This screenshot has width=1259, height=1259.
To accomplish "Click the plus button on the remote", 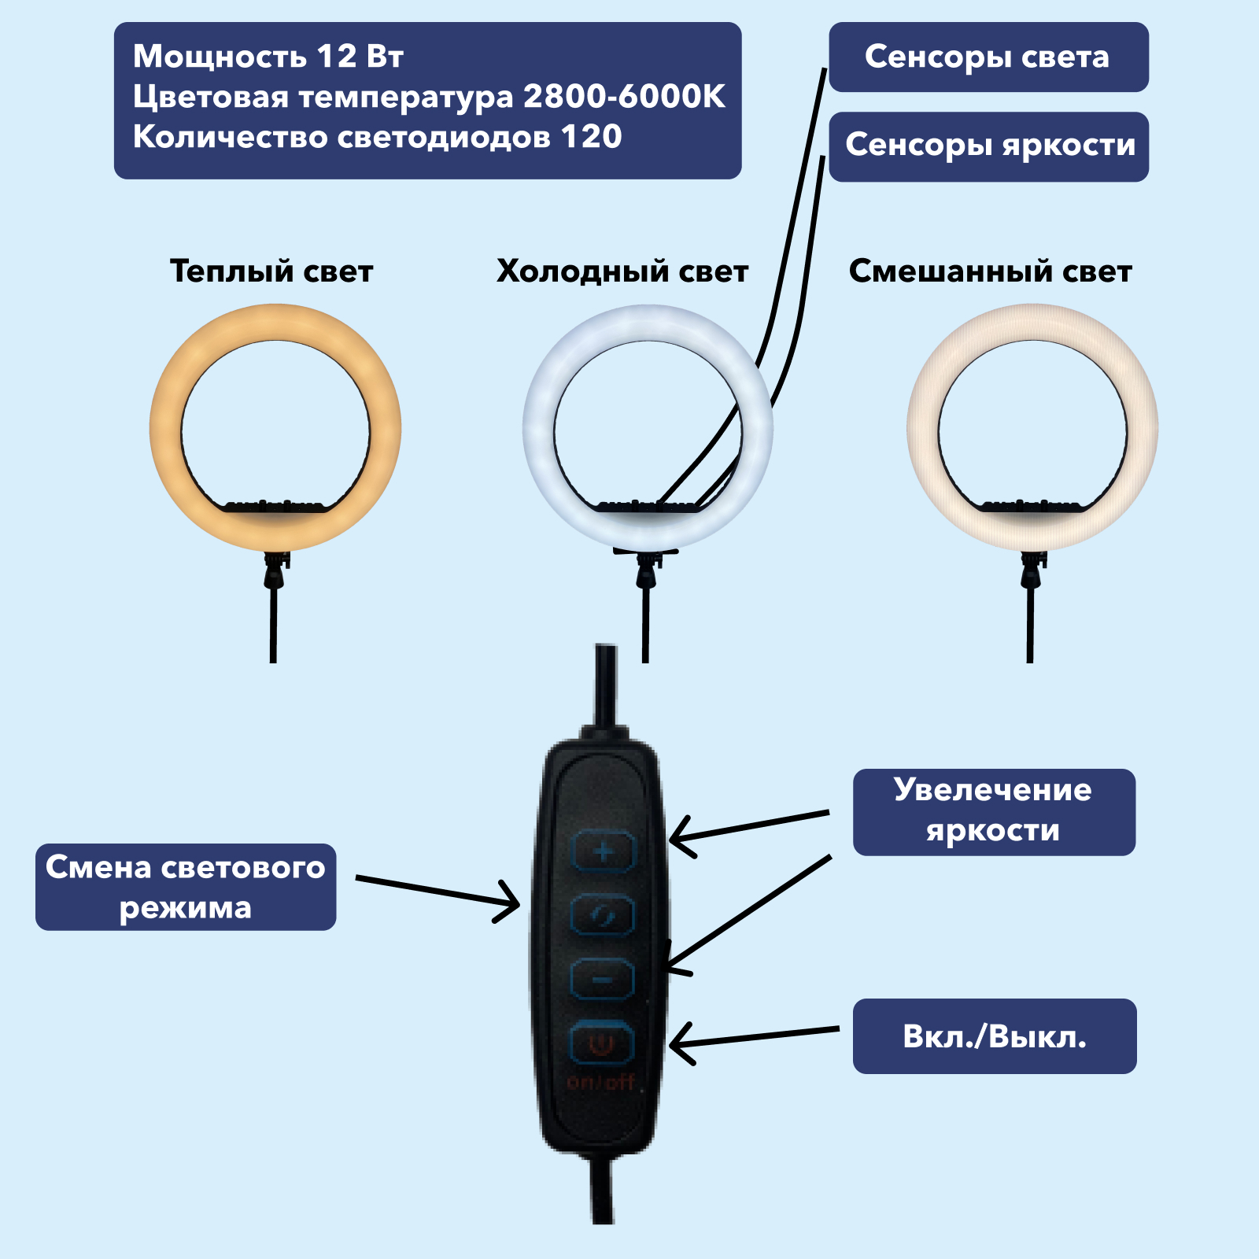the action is (x=603, y=851).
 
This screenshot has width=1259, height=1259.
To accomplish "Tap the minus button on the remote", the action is (x=602, y=980).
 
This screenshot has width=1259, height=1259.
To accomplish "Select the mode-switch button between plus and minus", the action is (x=602, y=915).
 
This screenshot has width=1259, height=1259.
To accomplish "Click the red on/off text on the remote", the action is (x=601, y=1082).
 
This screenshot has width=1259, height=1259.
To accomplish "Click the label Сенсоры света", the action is (x=988, y=57).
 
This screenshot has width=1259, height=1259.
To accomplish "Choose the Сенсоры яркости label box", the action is (x=989, y=146).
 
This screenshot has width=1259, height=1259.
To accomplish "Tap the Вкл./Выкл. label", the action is (x=995, y=1036).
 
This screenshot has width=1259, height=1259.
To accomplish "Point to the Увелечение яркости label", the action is (x=994, y=812).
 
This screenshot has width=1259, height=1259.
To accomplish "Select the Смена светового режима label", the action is (x=186, y=887).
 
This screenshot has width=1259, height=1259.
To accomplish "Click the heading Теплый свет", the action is (x=271, y=271).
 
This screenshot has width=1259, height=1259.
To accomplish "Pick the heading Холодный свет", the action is (x=622, y=271).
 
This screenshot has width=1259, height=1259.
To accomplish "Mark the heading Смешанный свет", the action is (x=990, y=271).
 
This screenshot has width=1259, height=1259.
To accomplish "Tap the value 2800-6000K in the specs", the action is (x=624, y=96).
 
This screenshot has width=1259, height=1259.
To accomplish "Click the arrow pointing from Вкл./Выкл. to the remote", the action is (x=754, y=1037).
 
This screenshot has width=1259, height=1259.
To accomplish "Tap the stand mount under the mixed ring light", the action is (x=1032, y=570).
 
